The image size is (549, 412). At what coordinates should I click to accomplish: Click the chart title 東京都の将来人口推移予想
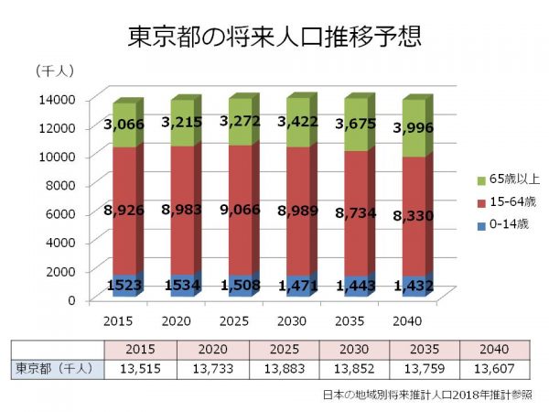(x=275, y=38)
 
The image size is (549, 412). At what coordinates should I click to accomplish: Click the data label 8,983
(x=180, y=211)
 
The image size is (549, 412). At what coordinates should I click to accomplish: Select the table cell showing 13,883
(x=246, y=369)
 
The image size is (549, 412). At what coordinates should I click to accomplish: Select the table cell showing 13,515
(x=139, y=369)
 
